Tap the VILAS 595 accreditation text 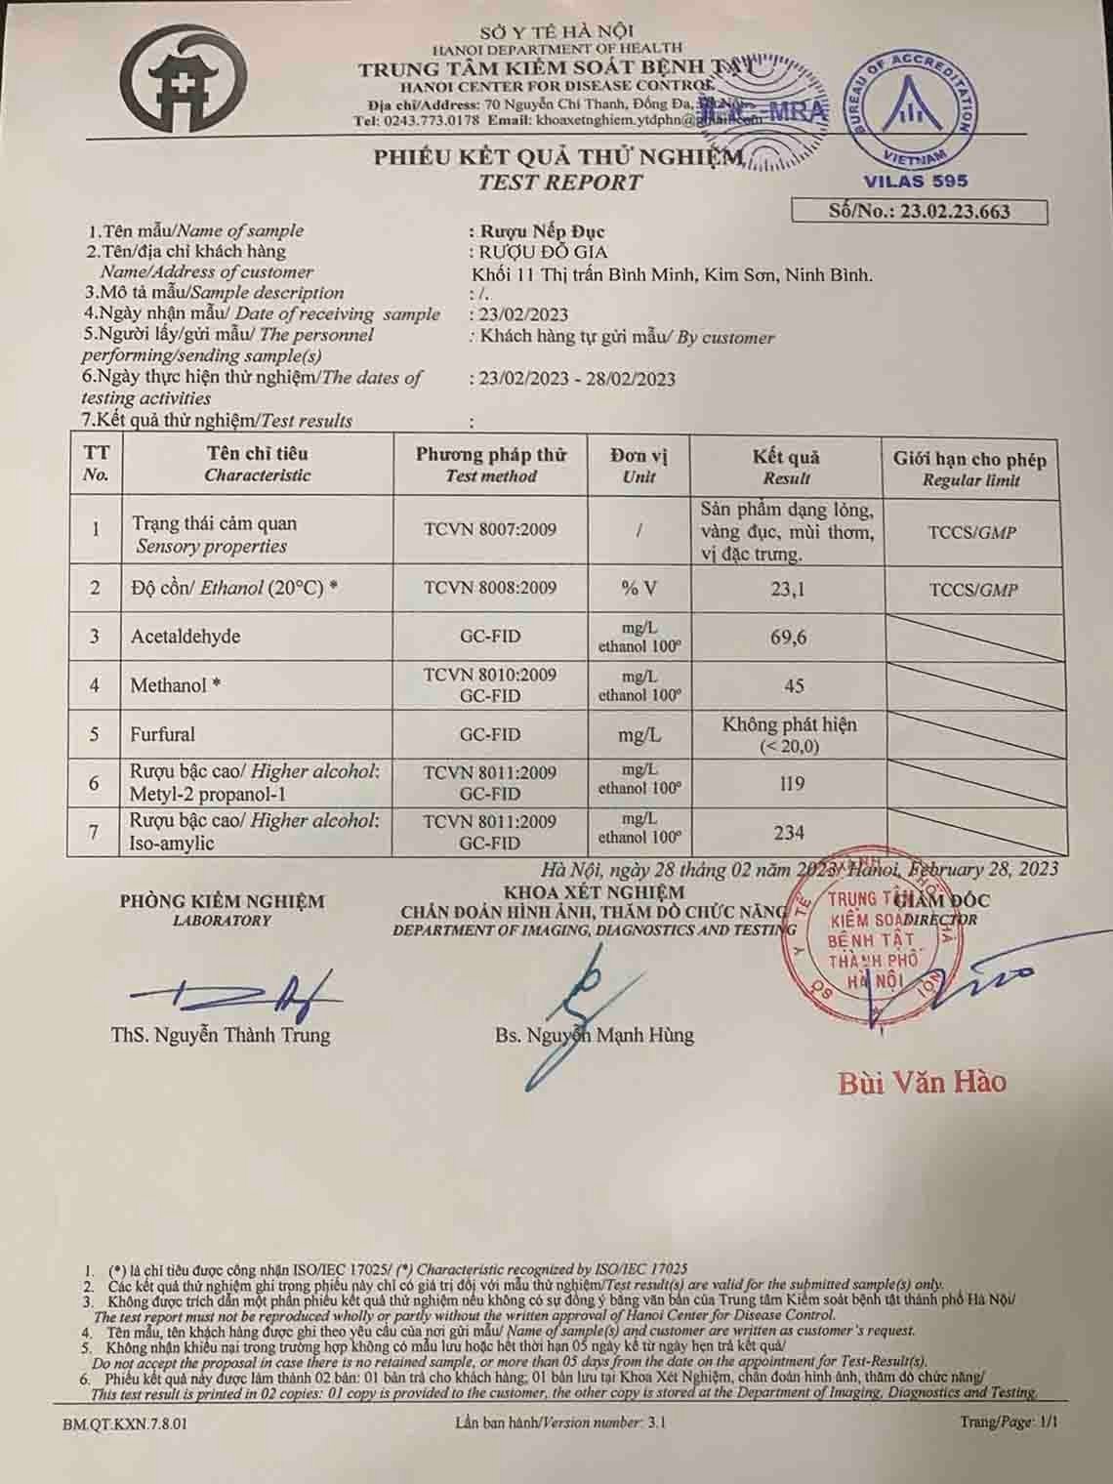(x=915, y=181)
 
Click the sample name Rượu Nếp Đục (x=538, y=231)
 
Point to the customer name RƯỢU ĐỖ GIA (x=539, y=252)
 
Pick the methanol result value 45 (x=794, y=685)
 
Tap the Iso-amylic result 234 (x=789, y=833)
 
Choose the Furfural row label (x=163, y=734)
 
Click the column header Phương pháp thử (x=491, y=455)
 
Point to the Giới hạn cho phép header (x=969, y=459)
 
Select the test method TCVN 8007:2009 (x=490, y=529)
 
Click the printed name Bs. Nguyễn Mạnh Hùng (x=595, y=1035)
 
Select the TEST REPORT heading (x=560, y=183)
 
